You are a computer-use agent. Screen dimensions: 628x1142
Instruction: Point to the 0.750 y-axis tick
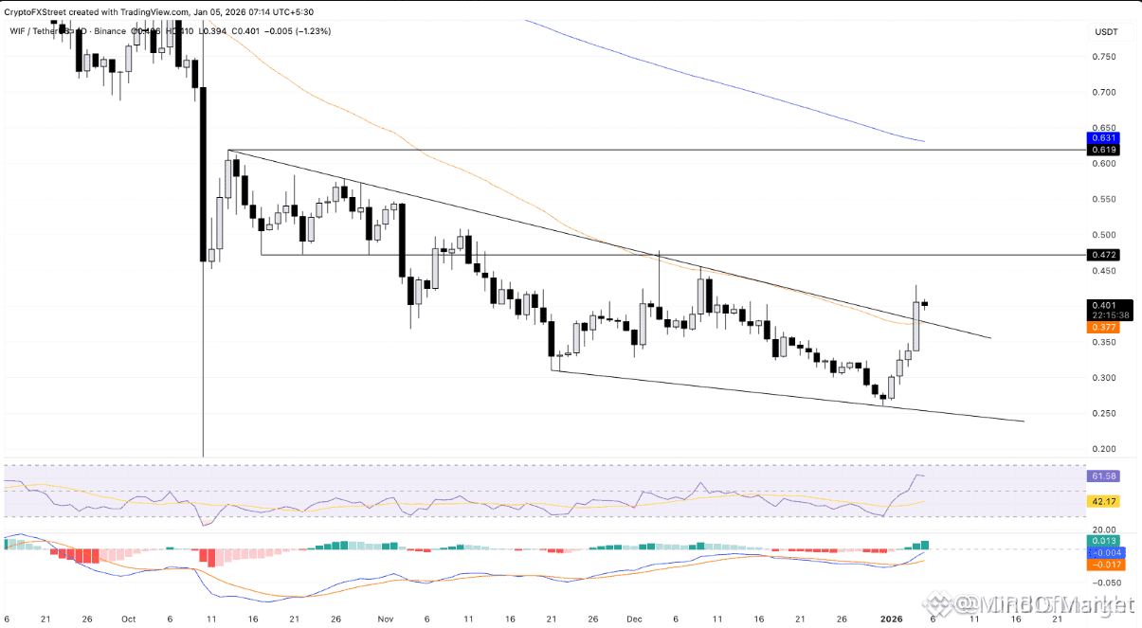click(1103, 57)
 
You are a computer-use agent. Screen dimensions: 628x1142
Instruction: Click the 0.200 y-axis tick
click(1103, 449)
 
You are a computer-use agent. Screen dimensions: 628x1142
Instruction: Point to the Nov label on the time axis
click(385, 619)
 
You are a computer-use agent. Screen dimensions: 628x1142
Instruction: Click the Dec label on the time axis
click(635, 619)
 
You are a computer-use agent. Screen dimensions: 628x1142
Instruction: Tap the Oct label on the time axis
click(129, 619)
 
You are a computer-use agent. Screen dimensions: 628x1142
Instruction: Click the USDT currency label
click(1105, 31)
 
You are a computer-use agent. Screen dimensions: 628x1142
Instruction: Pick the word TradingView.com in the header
click(155, 11)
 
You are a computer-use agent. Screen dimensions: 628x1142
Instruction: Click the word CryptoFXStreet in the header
click(39, 11)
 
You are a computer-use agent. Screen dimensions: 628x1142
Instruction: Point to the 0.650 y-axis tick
click(1103, 128)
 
